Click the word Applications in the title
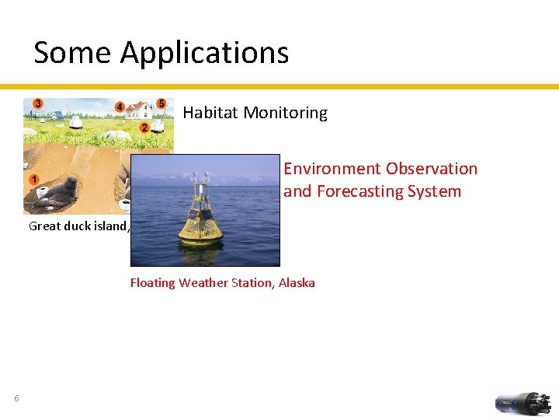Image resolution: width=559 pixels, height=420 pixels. point(204,53)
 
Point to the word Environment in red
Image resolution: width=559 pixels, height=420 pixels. point(332,169)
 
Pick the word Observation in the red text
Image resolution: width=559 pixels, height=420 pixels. point(432,169)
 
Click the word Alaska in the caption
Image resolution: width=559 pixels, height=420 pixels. point(296,283)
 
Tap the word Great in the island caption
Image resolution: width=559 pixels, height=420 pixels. point(44,226)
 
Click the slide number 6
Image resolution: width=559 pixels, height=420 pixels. point(16,399)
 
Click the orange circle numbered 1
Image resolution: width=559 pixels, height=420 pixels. point(34,180)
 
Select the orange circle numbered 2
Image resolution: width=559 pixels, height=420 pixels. point(144,127)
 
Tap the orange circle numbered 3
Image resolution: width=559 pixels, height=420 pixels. point(37,103)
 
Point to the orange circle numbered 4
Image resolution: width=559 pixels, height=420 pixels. point(120,107)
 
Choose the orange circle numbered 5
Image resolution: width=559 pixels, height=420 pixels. point(161,103)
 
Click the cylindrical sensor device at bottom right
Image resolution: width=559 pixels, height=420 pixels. point(524,403)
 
